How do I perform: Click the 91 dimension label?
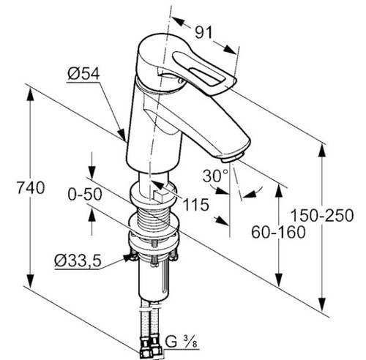click(x=203, y=32)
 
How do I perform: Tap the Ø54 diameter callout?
click(x=83, y=73)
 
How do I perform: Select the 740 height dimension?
click(x=31, y=187)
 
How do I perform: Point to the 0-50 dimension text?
click(x=85, y=195)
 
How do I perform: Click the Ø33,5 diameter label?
click(x=78, y=260)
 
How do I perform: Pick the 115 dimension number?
click(x=196, y=204)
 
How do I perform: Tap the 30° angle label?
click(x=215, y=176)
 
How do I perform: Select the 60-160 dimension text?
click(x=278, y=232)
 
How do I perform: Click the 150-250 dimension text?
click(x=322, y=215)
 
